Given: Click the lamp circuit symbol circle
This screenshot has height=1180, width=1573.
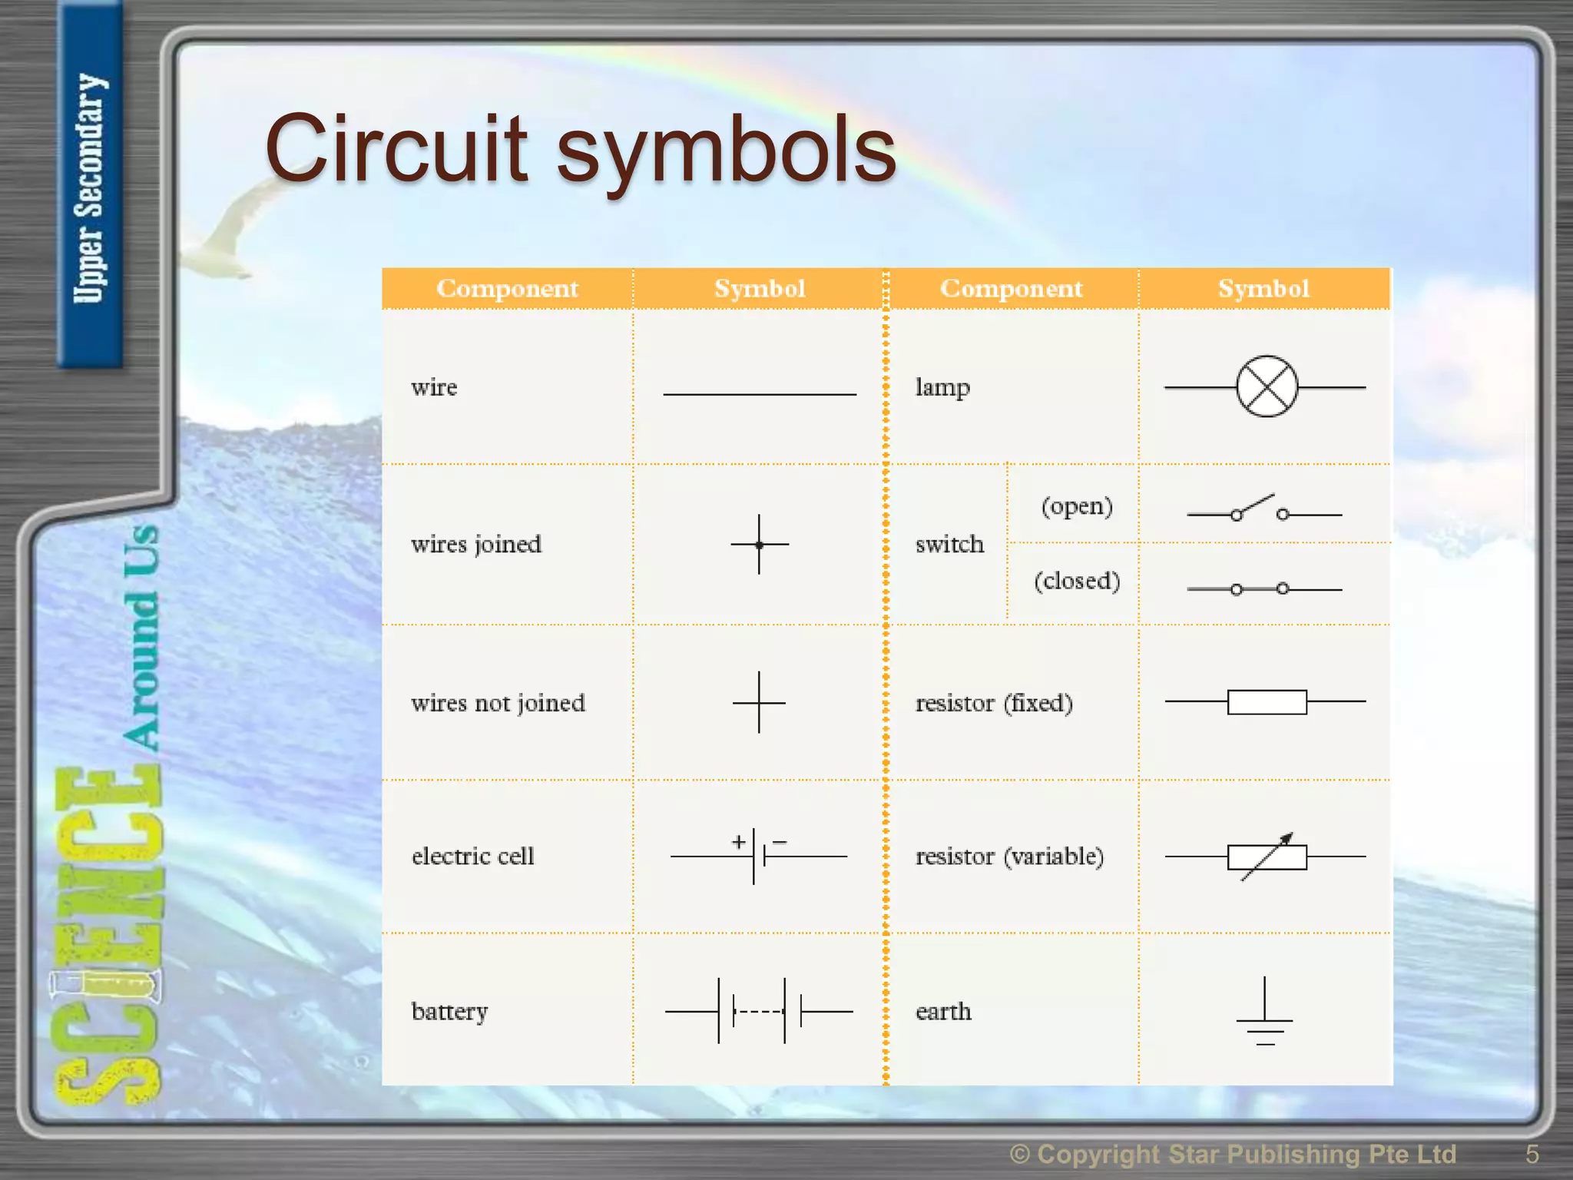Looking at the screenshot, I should pos(1267,386).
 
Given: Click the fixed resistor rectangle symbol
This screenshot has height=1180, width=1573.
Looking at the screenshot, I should pos(1267,702).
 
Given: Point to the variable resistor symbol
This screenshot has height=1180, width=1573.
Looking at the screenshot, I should pos(1267,857).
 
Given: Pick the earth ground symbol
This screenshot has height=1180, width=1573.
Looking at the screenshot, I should pos(1264,1014).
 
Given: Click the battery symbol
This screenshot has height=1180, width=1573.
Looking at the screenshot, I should pos(758,1011).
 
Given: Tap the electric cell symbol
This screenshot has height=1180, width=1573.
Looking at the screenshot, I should pos(758,855).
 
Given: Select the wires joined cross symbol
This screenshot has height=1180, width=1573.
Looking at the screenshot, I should pos(759,545).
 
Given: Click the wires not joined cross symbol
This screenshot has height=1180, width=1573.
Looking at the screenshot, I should pos(759,702).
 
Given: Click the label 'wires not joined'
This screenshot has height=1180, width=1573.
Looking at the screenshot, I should pos(498,703).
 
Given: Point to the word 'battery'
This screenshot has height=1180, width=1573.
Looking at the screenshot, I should pos(449,1011).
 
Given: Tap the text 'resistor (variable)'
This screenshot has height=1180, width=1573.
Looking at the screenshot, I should pos(1009,856).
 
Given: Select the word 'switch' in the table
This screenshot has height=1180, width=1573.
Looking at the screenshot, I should pos(949,544).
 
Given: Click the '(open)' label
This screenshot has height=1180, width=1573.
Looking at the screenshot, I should pos(1077,506).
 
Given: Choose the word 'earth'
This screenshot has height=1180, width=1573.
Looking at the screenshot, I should pos(943,1011).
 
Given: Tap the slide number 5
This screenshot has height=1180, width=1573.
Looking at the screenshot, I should pos(1532,1154).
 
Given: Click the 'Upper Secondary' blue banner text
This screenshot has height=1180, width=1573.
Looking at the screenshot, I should pos(89,188).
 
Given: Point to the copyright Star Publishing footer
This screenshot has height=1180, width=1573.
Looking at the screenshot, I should pos(1232,1154).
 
